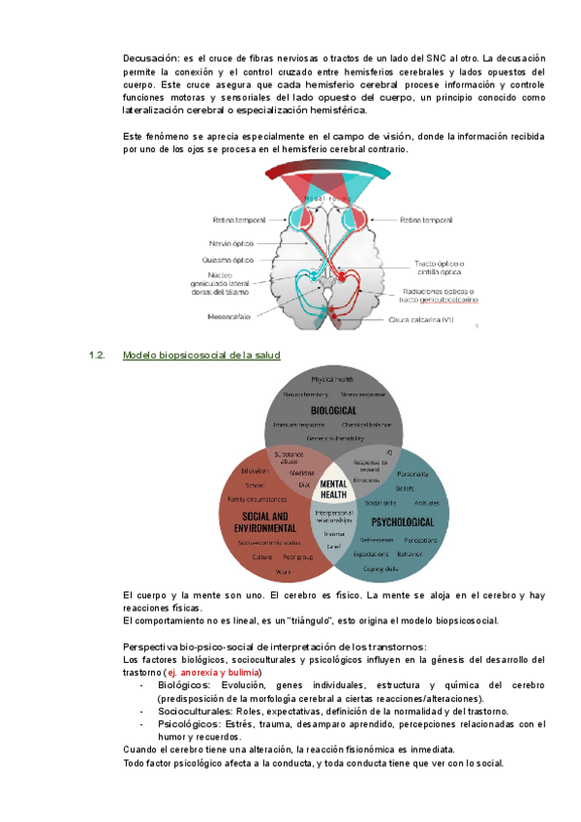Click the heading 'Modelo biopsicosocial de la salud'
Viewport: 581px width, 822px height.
pyautogui.click(x=201, y=356)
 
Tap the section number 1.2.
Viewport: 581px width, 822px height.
pyautogui.click(x=97, y=356)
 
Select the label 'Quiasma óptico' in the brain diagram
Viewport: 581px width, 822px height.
pyautogui.click(x=229, y=260)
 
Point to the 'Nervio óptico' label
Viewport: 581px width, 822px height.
pyautogui.click(x=230, y=243)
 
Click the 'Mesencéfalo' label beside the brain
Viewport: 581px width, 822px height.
pyautogui.click(x=229, y=316)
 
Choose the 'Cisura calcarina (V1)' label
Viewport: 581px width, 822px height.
pyautogui.click(x=420, y=319)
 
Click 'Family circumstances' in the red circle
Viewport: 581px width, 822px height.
pyautogui.click(x=256, y=499)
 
